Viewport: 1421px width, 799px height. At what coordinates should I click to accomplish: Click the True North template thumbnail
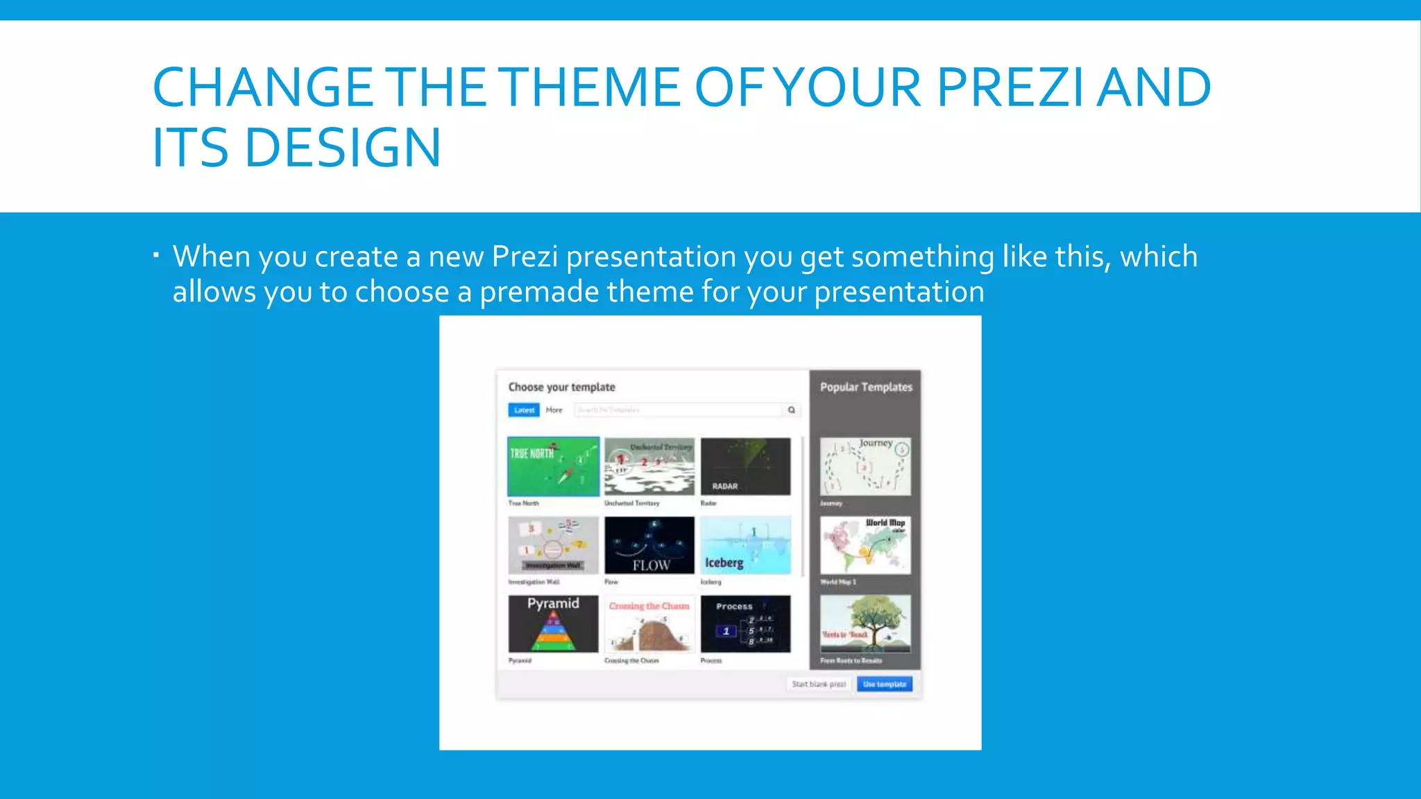[x=553, y=466]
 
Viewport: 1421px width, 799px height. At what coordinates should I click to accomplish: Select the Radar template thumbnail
[x=745, y=466]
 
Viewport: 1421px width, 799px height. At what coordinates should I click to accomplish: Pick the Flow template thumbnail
[x=649, y=545]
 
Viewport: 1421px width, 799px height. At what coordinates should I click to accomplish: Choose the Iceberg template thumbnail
[x=745, y=545]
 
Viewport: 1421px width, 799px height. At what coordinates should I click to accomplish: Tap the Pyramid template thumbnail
[x=553, y=624]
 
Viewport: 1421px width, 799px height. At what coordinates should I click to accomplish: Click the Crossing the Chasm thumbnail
[x=649, y=624]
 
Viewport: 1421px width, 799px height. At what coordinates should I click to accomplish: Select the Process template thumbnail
[x=745, y=624]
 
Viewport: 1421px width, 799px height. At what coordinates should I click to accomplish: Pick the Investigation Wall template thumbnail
[x=553, y=545]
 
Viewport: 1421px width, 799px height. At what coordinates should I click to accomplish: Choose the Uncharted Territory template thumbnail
[x=649, y=466]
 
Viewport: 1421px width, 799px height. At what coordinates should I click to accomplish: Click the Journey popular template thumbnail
[x=865, y=466]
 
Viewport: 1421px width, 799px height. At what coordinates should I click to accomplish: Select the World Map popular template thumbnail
[x=865, y=545]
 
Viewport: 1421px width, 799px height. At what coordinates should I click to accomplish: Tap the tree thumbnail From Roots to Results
[x=865, y=624]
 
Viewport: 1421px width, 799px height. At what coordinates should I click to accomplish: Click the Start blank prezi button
[x=819, y=684]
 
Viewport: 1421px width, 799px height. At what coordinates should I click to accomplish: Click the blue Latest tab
[x=524, y=410]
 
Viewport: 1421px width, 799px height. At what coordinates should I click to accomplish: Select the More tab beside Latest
[x=554, y=410]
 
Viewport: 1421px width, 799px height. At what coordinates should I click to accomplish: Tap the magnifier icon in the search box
[x=791, y=410]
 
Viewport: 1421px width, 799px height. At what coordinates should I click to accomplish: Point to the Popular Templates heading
[x=866, y=387]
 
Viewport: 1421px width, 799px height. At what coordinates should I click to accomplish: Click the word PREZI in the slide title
[x=1010, y=88]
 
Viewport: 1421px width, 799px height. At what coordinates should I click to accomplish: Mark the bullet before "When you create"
[x=157, y=255]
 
